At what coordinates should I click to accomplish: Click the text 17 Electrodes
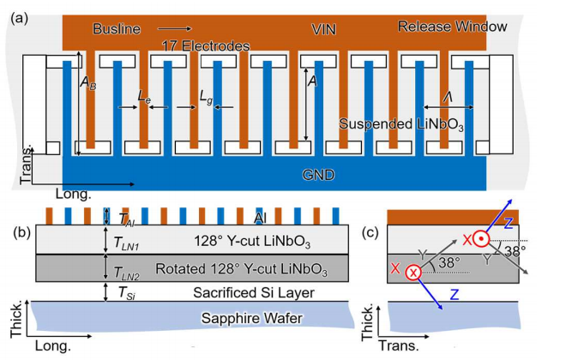tap(204, 45)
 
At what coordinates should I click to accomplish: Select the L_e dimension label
tap(145, 99)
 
